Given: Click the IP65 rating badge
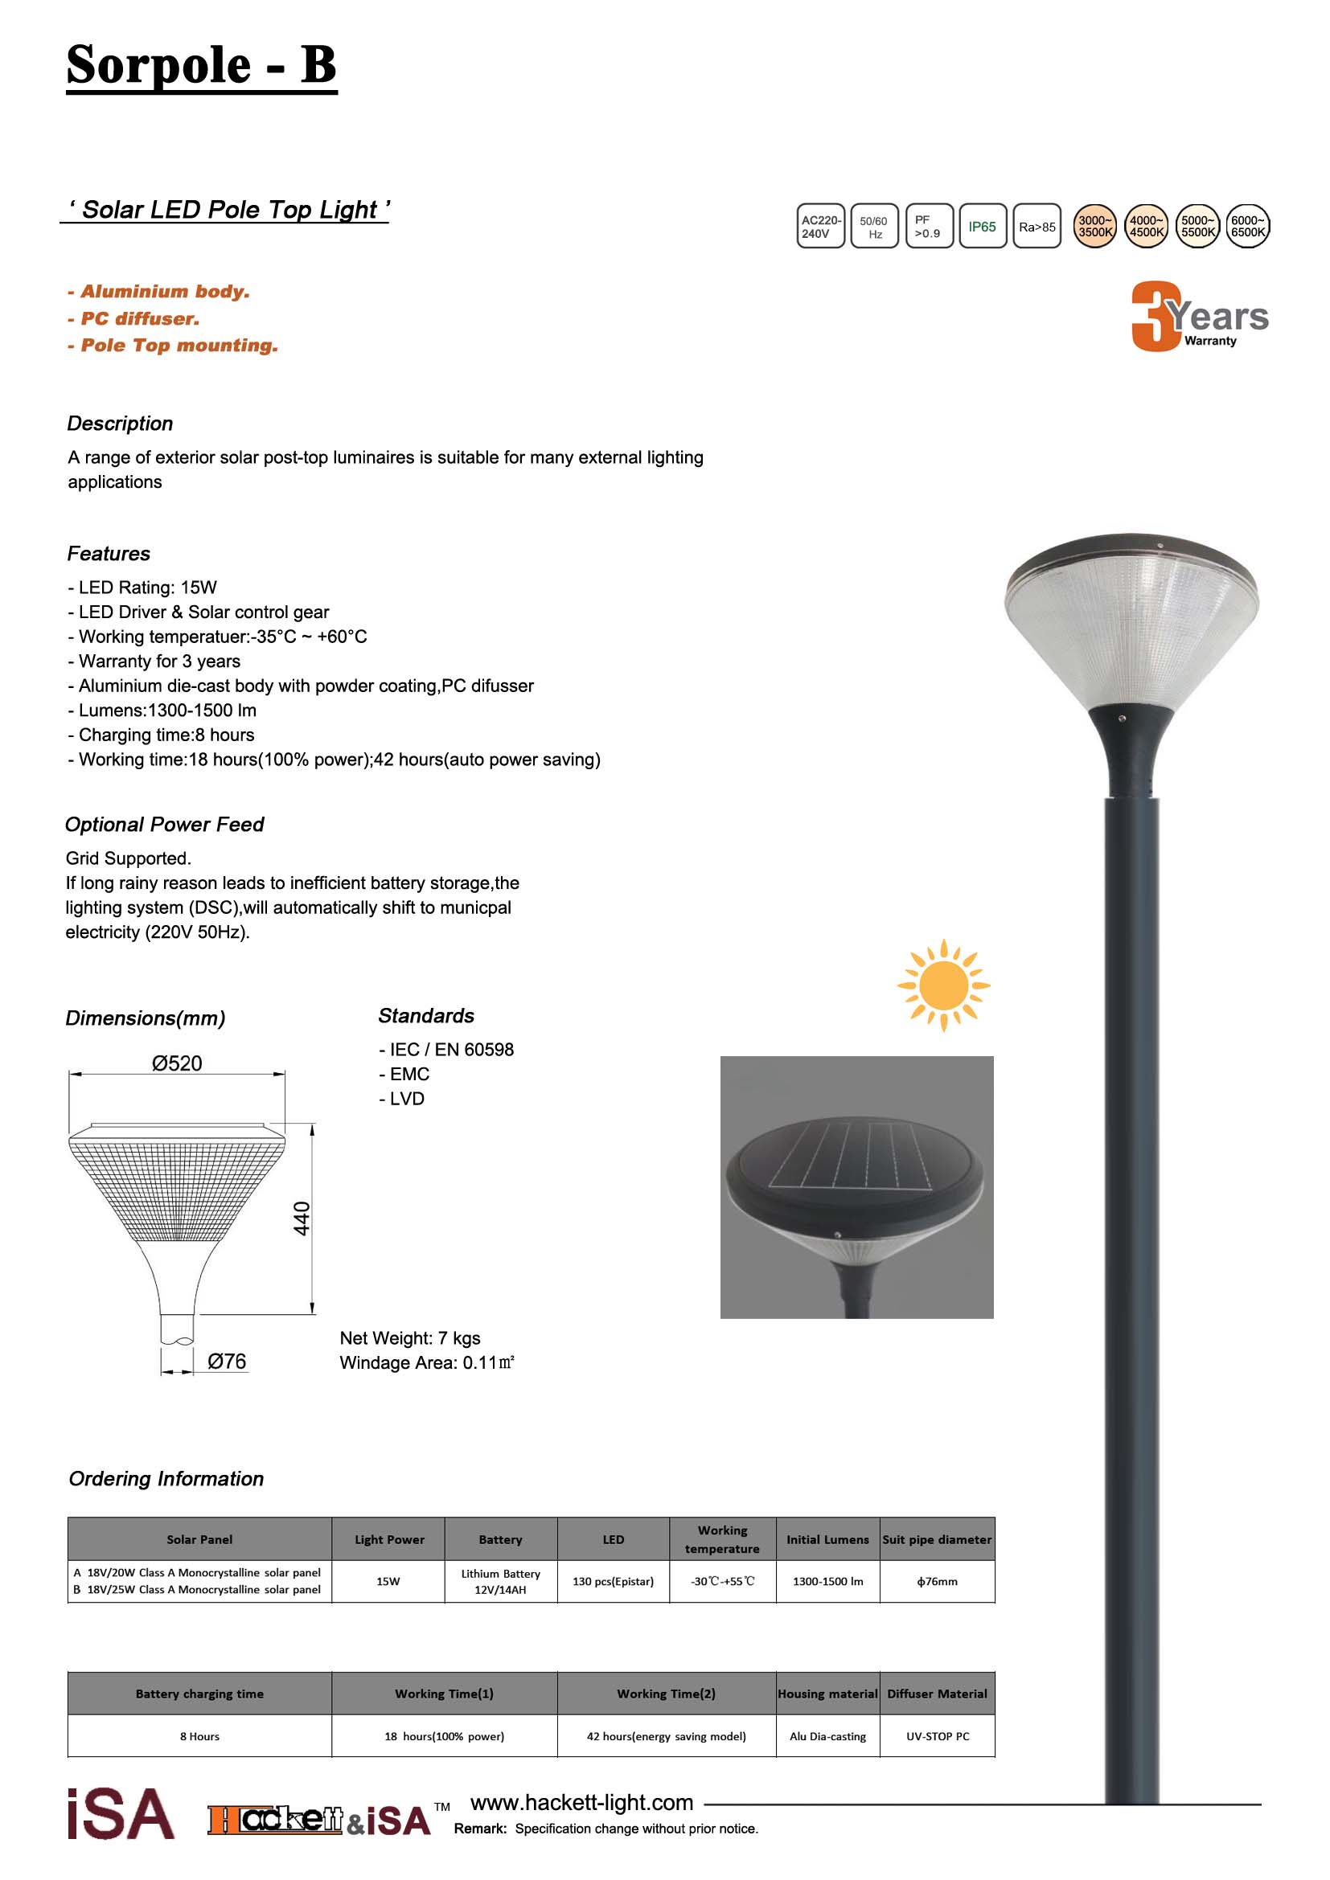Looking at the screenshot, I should point(982,226).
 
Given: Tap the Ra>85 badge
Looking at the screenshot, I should point(1036,227).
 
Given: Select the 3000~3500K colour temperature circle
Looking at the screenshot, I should point(1095,226).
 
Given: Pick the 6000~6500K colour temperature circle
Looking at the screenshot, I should point(1248,226).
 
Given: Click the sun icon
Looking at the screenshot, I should point(943,985).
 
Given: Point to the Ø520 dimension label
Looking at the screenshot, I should point(177,1063).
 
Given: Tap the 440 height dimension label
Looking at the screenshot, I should point(302,1219).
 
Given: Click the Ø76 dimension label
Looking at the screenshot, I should point(226,1361).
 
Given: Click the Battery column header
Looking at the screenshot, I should point(500,1539).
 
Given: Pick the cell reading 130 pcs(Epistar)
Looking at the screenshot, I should point(613,1581).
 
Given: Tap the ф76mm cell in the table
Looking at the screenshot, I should point(937,1581).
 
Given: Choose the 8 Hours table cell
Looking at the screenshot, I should point(200,1736).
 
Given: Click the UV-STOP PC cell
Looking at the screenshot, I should point(937,1736).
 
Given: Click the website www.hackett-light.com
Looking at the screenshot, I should point(581,1802).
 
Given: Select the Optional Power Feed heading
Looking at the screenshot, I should point(165,825).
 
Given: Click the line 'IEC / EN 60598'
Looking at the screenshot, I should point(447,1050).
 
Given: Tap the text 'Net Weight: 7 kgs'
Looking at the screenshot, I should point(410,1338).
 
